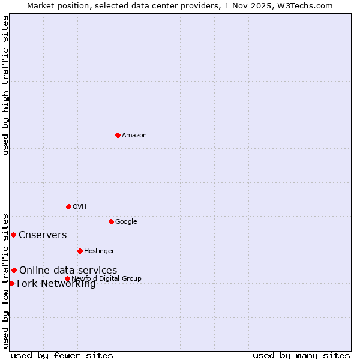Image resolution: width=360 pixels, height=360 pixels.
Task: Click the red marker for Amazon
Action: tap(118, 135)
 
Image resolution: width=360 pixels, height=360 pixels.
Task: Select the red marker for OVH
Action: tap(68, 206)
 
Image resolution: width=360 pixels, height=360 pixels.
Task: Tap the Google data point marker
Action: tap(111, 221)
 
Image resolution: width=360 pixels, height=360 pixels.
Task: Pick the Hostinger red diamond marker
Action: tap(80, 251)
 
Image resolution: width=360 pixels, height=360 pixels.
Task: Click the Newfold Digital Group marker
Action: tap(67, 278)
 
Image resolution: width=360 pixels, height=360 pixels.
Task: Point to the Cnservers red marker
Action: tap(13, 235)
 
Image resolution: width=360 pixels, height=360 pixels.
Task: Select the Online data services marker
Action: tap(14, 270)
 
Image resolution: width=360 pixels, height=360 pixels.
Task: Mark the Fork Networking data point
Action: tap(11, 283)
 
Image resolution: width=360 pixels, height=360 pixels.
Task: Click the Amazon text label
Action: tap(134, 135)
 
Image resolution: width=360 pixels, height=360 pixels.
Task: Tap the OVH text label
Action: tap(79, 206)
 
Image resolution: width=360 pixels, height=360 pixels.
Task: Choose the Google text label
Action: tap(126, 221)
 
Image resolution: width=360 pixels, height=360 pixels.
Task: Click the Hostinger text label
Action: tap(99, 251)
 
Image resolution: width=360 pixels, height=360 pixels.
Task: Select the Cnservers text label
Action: tap(43, 235)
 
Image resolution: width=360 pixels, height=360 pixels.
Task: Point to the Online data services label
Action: tap(68, 270)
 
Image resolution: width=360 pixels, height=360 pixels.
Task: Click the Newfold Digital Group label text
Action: tap(106, 278)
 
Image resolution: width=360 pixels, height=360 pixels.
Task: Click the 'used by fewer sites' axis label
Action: tap(62, 355)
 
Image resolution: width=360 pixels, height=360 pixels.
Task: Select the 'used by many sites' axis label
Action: tap(301, 355)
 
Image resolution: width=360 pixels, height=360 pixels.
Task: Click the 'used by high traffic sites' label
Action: tap(5, 85)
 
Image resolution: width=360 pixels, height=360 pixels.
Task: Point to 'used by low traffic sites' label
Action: tap(5, 281)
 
